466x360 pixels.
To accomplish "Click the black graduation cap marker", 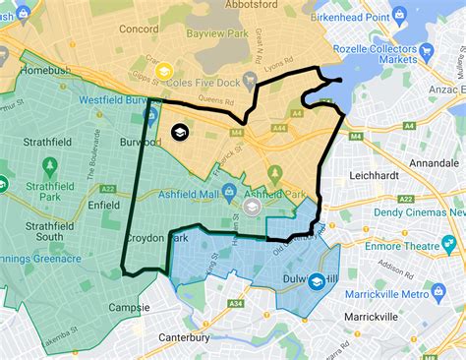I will click(x=179, y=132).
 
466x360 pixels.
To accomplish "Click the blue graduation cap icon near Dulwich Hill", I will click(x=317, y=282).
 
